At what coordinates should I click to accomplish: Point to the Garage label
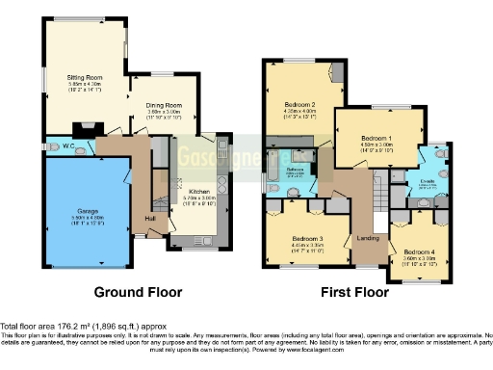click(75, 210)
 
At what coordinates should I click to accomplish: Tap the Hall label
click(152, 218)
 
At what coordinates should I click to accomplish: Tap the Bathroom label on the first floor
click(295, 169)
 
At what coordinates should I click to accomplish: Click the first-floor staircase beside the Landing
click(377, 200)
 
